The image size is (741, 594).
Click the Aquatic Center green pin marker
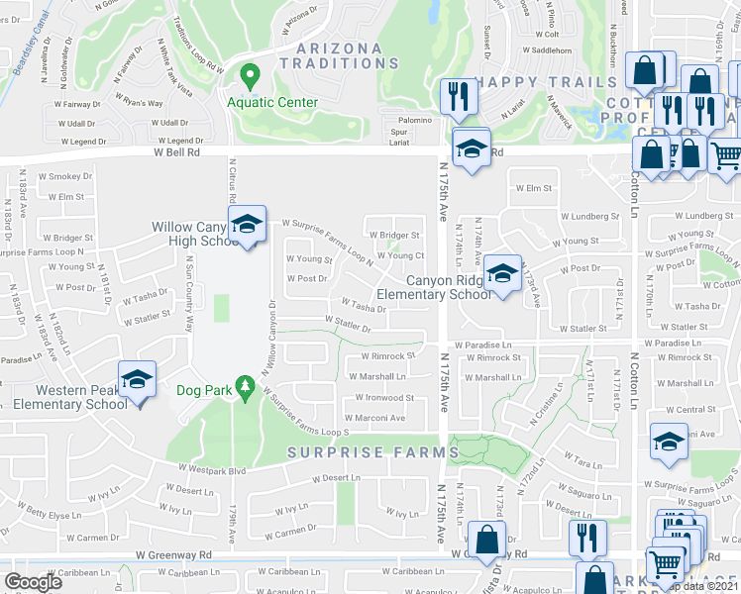(x=250, y=76)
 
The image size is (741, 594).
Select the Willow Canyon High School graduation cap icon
(x=247, y=227)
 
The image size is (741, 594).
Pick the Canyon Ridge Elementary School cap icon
(x=502, y=274)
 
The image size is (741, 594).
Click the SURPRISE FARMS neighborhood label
(x=373, y=452)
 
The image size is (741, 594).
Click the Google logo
(x=34, y=582)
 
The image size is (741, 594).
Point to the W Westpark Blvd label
(x=211, y=469)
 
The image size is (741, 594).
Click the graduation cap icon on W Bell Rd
(x=472, y=148)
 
